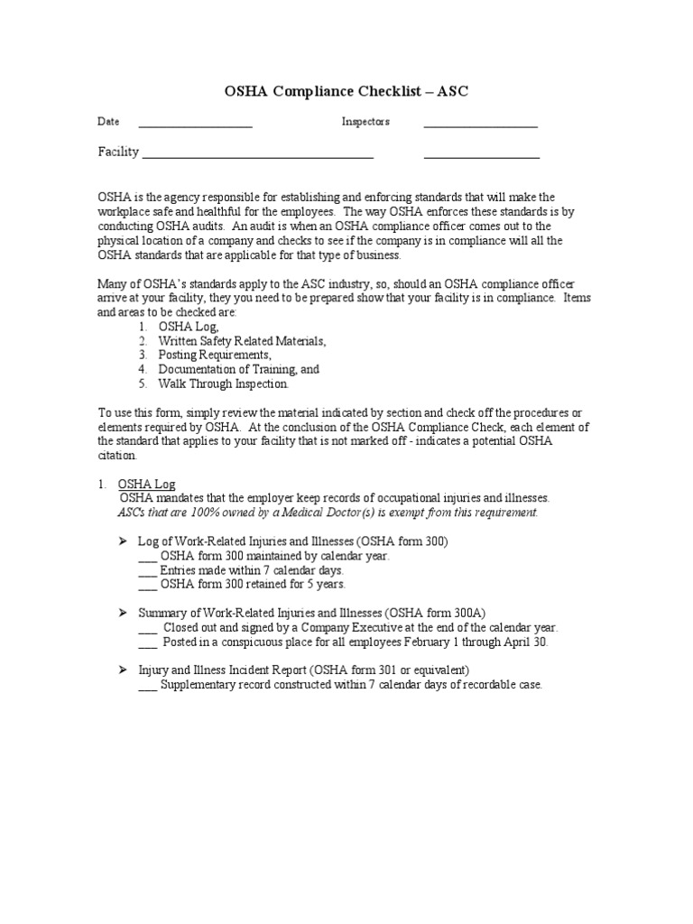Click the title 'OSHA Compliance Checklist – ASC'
(x=346, y=91)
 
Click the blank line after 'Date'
(x=195, y=125)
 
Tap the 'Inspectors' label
(x=365, y=122)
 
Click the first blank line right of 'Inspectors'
(x=480, y=125)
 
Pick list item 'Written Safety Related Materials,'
(x=242, y=341)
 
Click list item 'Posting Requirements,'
(x=214, y=356)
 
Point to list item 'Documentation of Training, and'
(x=238, y=369)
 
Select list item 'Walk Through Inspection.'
(x=224, y=383)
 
